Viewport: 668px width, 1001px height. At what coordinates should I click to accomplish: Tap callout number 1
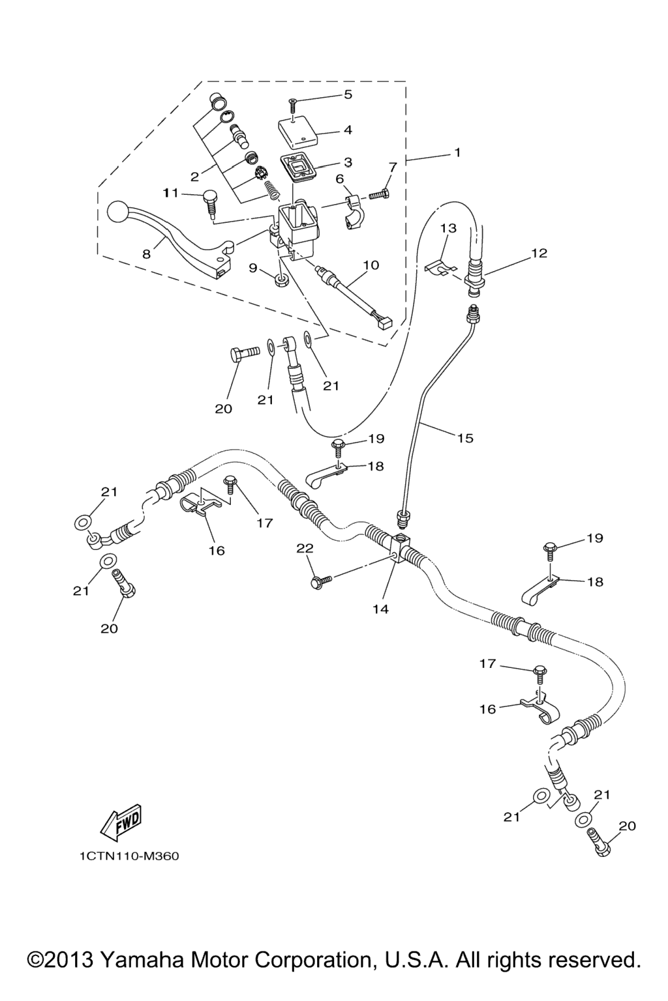tap(457, 152)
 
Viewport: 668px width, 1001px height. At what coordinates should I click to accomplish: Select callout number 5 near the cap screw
tap(348, 94)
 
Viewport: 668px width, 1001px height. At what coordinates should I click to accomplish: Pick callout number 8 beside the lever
tap(147, 254)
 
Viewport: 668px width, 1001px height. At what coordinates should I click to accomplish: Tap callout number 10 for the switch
tap(371, 265)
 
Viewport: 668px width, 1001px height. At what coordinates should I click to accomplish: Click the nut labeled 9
tap(281, 281)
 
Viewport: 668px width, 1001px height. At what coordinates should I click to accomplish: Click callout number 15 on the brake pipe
tap(465, 438)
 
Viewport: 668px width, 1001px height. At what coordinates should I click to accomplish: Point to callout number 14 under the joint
tap(381, 609)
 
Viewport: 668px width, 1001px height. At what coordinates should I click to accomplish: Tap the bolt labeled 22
tap(322, 579)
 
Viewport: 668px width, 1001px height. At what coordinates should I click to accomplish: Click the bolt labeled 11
tap(210, 199)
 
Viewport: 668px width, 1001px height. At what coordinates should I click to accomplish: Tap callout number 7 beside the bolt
tap(392, 167)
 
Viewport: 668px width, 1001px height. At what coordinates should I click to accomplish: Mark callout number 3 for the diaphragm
tap(348, 162)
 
